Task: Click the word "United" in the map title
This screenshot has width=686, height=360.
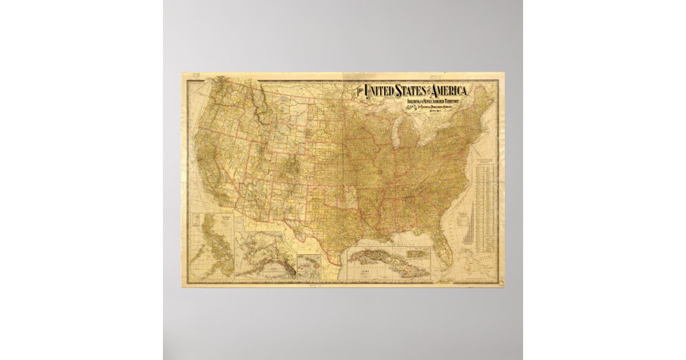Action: pos(382,91)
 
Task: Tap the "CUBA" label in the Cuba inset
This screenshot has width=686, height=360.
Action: pos(361,272)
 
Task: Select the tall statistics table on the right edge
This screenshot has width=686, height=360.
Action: pos(485,206)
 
